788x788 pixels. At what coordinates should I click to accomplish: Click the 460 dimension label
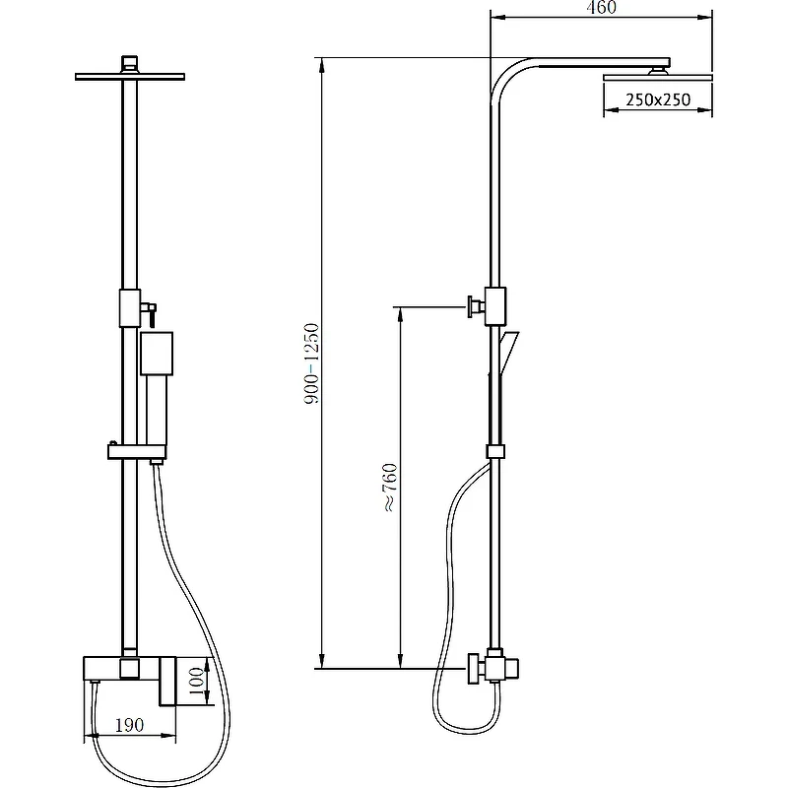pyautogui.click(x=601, y=7)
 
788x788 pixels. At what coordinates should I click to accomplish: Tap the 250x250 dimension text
pyautogui.click(x=658, y=99)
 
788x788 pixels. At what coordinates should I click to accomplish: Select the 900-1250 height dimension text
pyautogui.click(x=311, y=363)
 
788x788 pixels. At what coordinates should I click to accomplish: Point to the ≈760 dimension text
pyautogui.click(x=390, y=488)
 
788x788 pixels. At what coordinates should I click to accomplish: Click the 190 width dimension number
pyautogui.click(x=130, y=725)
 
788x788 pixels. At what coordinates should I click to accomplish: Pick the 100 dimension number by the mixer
pyautogui.click(x=196, y=681)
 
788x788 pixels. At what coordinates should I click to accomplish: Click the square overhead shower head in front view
pyautogui.click(x=130, y=77)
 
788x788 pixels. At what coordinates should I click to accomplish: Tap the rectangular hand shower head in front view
pyautogui.click(x=157, y=354)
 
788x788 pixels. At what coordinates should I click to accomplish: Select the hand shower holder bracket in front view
pyautogui.click(x=137, y=452)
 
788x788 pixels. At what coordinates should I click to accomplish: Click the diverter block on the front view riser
pyautogui.click(x=130, y=308)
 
